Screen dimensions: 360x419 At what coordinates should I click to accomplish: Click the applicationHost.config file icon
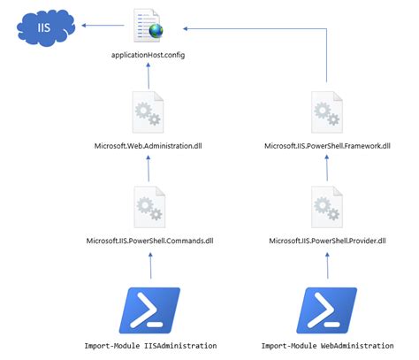click(x=146, y=26)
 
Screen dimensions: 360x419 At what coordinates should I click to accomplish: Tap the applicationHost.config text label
click(x=148, y=55)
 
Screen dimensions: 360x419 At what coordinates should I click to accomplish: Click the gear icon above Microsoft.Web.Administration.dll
click(x=148, y=111)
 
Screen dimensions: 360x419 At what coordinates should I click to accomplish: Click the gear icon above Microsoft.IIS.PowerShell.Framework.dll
click(x=328, y=112)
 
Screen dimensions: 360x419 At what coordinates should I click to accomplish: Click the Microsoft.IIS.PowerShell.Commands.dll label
click(x=148, y=241)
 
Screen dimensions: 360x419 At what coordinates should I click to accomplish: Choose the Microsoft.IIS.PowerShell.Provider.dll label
click(x=328, y=241)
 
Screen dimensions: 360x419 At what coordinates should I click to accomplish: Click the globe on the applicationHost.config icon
click(x=156, y=34)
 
